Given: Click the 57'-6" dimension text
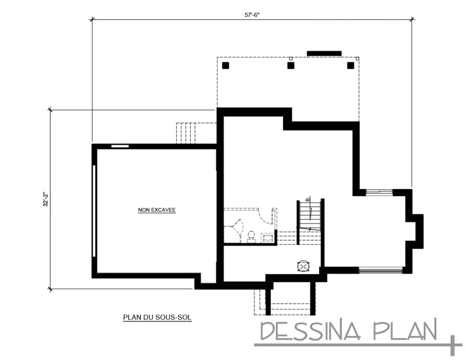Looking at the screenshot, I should pos(252,15).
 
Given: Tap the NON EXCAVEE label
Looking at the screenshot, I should pos(157,210).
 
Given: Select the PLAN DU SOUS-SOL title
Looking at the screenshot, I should pos(157,318).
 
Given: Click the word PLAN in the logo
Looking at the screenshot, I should pos(405,331).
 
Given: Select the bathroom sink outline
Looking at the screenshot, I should pos(267,237).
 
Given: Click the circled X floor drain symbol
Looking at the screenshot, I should pos(303,266).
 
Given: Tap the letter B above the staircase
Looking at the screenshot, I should pos(308,199).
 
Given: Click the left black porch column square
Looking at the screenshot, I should pos(225,66).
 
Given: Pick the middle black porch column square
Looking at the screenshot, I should pos(291,66).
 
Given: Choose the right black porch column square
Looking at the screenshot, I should pos(350,66).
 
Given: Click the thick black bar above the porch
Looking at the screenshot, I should pos(324,54).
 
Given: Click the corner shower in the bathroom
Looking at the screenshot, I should pos(233,231).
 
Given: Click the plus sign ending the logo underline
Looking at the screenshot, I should pos(454,345).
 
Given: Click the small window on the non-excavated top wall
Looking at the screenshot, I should pos(120,146).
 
